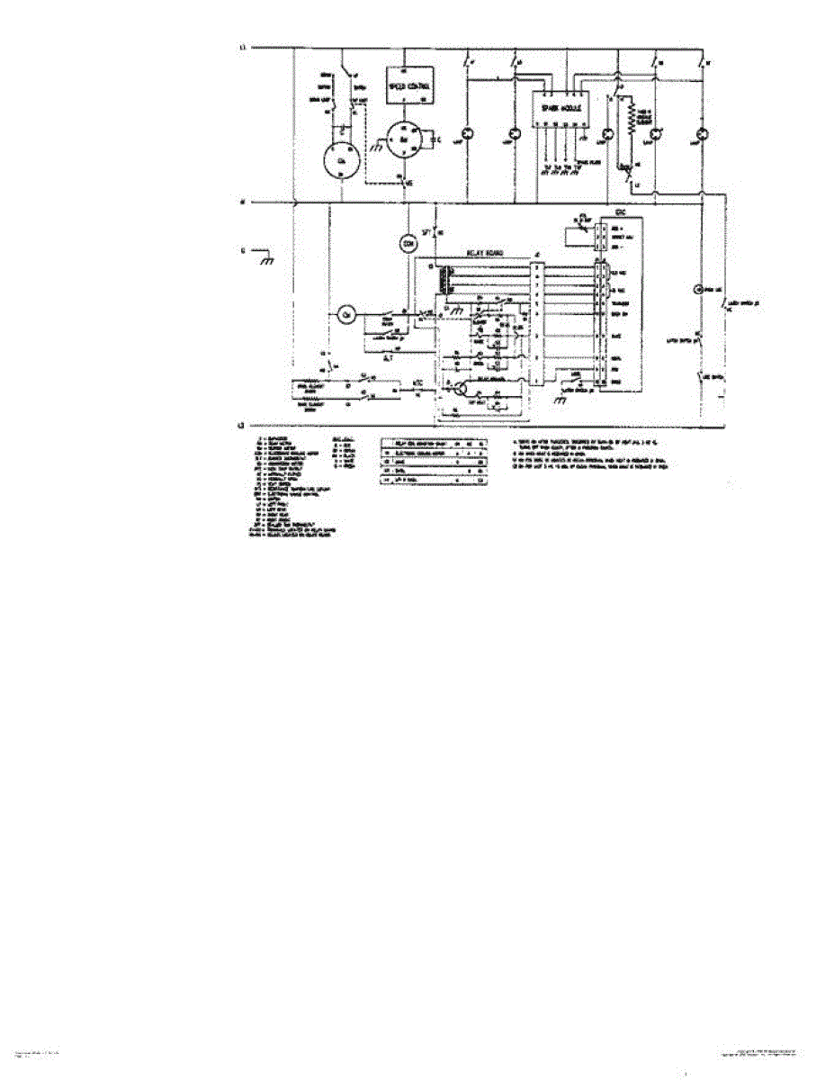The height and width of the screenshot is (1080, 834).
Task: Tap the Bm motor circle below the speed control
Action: pyautogui.click(x=406, y=141)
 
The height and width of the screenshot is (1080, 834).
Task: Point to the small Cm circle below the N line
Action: pyautogui.click(x=345, y=314)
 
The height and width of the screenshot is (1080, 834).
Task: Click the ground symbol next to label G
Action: pyautogui.click(x=266, y=259)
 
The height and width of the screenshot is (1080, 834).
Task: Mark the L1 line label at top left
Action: pyautogui.click(x=240, y=46)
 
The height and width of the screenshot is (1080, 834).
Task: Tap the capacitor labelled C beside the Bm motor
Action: pyautogui.click(x=435, y=139)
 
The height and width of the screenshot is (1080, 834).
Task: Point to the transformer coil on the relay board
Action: pyautogui.click(x=444, y=282)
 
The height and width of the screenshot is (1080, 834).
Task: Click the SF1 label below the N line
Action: pyautogui.click(x=430, y=231)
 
